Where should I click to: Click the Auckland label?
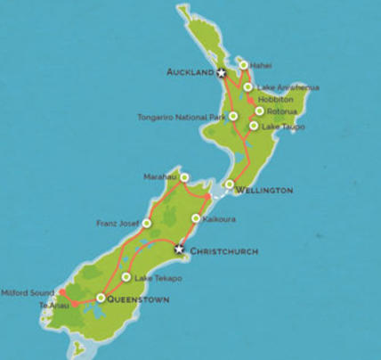[x=190, y=71]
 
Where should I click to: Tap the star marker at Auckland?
[x=222, y=72]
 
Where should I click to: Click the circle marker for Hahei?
[x=243, y=65]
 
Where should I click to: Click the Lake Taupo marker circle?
[x=254, y=126]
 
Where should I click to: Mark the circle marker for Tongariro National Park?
[x=233, y=116]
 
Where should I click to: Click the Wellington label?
[x=263, y=191]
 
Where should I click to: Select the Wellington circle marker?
[x=229, y=184]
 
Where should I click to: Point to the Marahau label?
[x=161, y=176]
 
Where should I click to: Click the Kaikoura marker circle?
[x=196, y=218]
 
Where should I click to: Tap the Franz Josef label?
[x=118, y=223]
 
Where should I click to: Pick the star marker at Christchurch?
[x=179, y=250]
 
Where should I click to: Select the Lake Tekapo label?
[x=158, y=278]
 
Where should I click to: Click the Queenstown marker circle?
[x=101, y=298]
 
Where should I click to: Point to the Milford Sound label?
[x=28, y=291]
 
